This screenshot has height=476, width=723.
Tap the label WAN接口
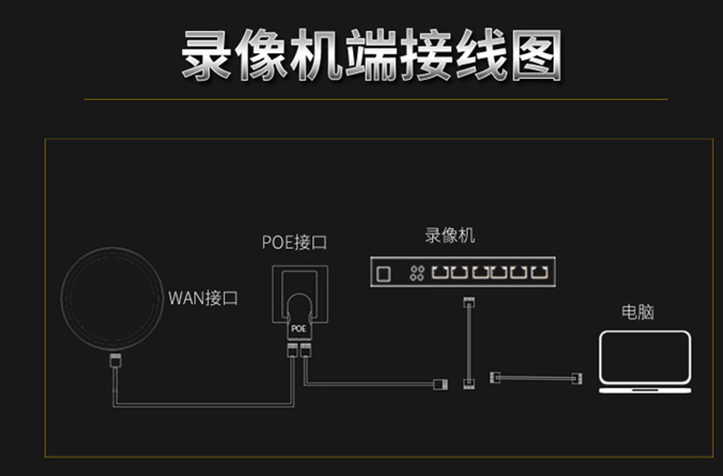pos(203,297)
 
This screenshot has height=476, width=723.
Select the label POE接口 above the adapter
pos(294,243)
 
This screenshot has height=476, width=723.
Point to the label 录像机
pos(450,235)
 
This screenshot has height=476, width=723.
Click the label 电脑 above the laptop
pos(638,311)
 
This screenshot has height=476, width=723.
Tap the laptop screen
pos(644,357)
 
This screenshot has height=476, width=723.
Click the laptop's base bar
pos(644,390)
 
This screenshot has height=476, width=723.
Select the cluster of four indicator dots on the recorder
pos(416,272)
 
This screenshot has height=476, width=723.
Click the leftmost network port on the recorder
pos(441,272)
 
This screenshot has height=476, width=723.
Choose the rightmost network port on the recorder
pos(545,272)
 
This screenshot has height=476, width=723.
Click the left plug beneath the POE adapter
pos(292,351)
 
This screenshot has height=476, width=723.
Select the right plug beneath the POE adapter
pos(306,351)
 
